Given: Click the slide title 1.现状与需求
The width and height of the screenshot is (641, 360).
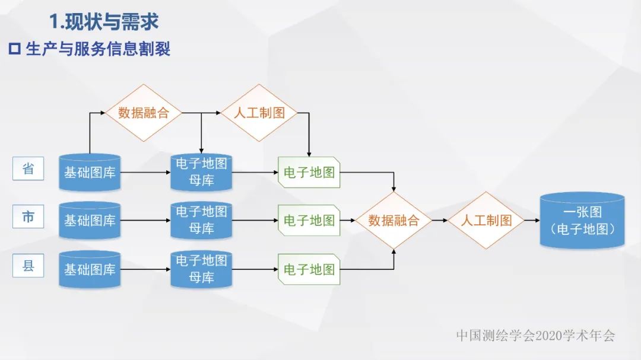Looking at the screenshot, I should coord(104,23).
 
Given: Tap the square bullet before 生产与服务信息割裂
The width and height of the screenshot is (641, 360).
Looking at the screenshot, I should coord(14,49).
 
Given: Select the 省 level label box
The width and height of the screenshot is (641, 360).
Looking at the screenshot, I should coord(28,169).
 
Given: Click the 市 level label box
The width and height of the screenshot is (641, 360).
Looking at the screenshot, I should coord(28,217).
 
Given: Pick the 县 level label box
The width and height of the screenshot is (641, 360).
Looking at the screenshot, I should coord(28,266).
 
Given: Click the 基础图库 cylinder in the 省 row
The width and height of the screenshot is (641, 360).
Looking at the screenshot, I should coord(90,173).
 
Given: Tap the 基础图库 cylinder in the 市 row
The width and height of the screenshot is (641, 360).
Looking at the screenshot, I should coord(90,221).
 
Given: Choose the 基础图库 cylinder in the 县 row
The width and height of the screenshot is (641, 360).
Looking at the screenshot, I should coord(90,269).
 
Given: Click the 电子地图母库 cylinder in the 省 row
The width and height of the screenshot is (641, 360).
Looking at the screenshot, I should coord(201,172).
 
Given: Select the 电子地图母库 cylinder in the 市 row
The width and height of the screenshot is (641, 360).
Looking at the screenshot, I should coord(201,220).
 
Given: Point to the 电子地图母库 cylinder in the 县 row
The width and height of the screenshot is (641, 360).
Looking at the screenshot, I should coord(201,269).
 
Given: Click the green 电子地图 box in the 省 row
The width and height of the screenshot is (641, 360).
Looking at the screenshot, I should coord(309,173).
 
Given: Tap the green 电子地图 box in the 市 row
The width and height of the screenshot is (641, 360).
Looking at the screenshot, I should coord(309,221).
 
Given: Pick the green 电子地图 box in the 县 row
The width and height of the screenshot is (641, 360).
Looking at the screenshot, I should coord(309,269).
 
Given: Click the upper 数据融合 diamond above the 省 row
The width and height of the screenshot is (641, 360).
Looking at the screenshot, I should coord(143,113).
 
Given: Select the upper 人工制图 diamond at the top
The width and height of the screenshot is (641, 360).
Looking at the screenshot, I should coord(259,113).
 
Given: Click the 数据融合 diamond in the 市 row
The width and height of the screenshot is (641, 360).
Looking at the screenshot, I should coord(394,220).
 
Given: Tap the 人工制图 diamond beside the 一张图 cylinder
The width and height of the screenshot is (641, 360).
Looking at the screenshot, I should coord(486,220).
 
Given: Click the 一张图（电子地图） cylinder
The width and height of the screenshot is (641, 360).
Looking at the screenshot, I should coord(582,220).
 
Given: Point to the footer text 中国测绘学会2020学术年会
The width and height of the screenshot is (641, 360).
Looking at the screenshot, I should coord(535,336).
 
